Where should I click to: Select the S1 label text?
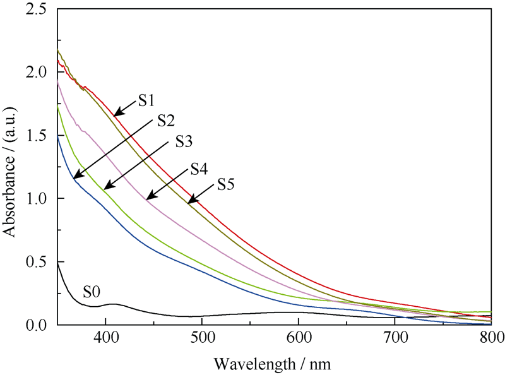[147, 99]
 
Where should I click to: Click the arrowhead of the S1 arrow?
[117, 114]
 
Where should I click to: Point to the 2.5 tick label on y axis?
[37, 9]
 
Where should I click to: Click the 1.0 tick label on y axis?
[37, 199]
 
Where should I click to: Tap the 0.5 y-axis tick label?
[37, 262]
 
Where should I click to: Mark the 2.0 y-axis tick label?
[37, 73]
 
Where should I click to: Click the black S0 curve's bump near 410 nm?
[113, 304]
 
